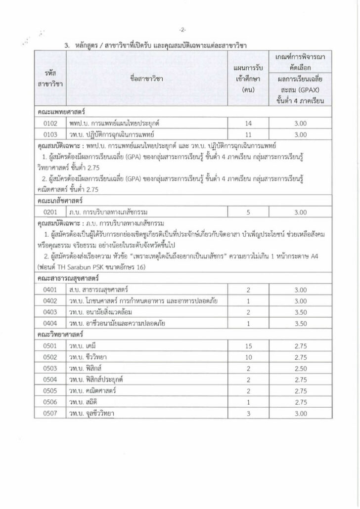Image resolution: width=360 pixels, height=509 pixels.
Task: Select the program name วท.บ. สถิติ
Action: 82,402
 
